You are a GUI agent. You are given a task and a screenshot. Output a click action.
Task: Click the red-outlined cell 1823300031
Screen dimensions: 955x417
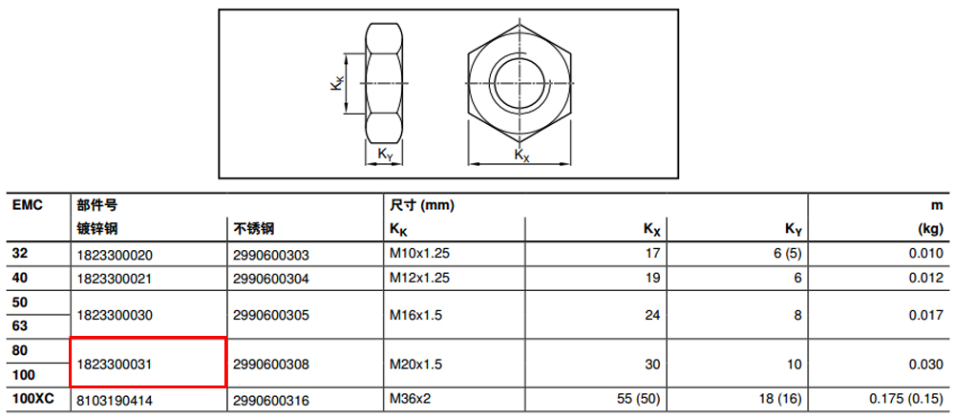148,363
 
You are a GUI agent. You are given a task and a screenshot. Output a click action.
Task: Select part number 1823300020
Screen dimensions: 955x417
114,255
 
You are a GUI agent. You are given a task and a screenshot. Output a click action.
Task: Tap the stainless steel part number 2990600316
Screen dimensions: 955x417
271,401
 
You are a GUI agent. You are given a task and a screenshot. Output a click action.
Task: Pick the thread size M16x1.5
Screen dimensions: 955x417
416,315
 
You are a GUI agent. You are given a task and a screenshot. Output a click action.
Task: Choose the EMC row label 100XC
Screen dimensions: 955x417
33,400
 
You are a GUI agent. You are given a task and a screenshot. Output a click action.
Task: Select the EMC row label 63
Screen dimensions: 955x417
19,325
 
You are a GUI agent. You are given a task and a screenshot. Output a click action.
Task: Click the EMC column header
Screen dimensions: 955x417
28,205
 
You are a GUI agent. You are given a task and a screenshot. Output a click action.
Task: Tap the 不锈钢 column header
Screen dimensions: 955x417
253,229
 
